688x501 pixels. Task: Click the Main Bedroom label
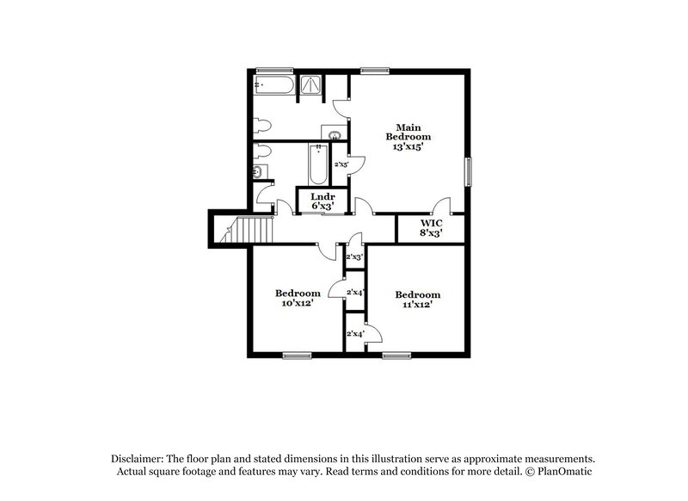coord(408,137)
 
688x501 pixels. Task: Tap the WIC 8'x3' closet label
coord(430,227)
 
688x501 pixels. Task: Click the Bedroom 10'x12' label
coord(298,297)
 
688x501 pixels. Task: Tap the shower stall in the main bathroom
coord(310,83)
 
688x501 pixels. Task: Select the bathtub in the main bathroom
coord(273,84)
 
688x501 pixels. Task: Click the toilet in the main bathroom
coord(264,122)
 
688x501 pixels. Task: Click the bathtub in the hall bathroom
coord(316,164)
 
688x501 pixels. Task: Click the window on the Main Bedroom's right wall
coord(469,171)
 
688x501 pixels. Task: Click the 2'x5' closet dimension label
coord(341,164)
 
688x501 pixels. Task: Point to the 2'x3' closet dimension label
coord(353,257)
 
